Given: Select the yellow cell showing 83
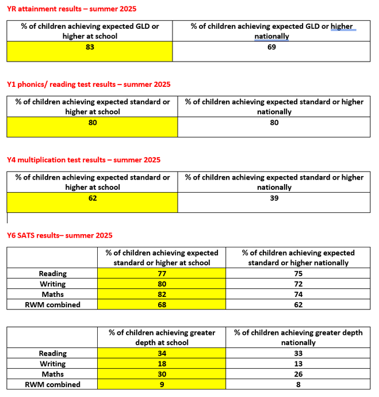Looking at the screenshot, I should [89, 47].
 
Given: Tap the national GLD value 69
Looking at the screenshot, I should [271, 47].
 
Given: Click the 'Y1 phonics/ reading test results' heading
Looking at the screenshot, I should [89, 85].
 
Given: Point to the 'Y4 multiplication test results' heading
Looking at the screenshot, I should [83, 160].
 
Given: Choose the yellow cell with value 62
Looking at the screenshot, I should [93, 198].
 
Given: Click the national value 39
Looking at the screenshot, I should [274, 198].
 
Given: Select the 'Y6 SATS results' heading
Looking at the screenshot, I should [59, 235].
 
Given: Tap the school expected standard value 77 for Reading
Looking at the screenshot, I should [162, 274].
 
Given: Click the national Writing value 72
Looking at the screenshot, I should [298, 284].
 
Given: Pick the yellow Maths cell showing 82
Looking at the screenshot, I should [162, 295].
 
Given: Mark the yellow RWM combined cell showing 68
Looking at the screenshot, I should [162, 305].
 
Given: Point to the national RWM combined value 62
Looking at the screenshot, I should [298, 305].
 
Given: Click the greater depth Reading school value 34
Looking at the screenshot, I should [162, 353].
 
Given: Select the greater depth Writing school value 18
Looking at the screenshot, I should [162, 364].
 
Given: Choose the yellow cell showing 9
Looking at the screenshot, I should [162, 384].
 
